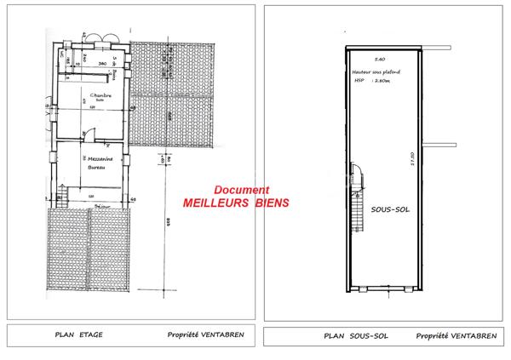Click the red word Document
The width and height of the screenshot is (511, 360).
pyautogui.click(x=242, y=191)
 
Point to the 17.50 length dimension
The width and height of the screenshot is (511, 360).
pyautogui.click(x=411, y=161)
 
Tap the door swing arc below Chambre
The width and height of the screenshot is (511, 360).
pyautogui.click(x=87, y=132)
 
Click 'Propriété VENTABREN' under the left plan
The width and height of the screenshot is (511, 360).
pyautogui.click(x=205, y=334)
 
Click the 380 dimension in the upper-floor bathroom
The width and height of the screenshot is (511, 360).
pyautogui.click(x=100, y=64)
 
